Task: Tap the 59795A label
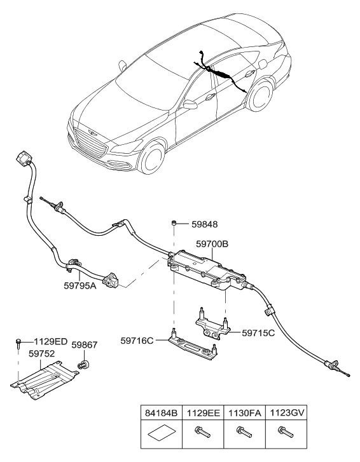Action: tap(79, 285)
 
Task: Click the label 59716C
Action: tap(138, 341)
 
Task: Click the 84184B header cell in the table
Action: tap(160, 411)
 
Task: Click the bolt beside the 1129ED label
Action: tap(20, 343)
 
